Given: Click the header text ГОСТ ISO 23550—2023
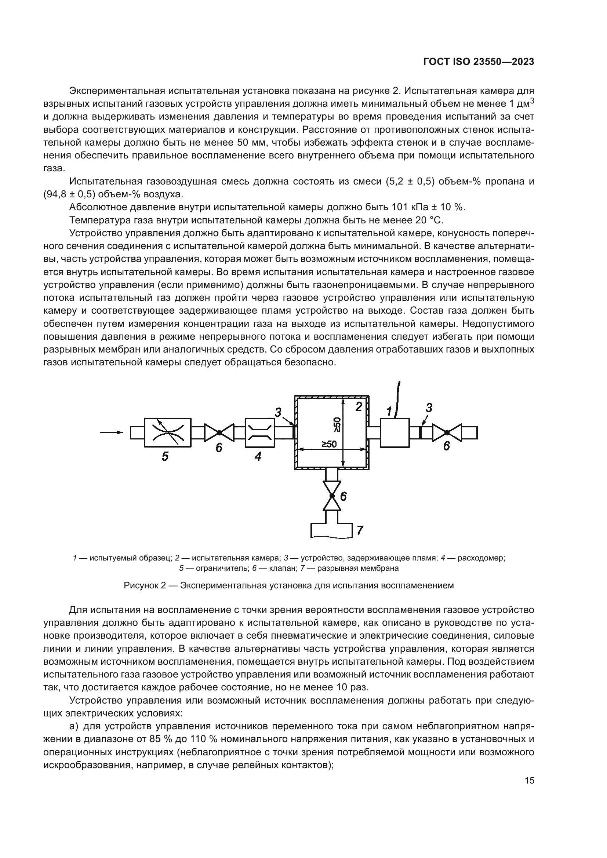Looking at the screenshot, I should pyautogui.click(x=479, y=62).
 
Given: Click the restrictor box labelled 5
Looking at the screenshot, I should pyautogui.click(x=167, y=432).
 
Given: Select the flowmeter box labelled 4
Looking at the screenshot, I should pyautogui.click(x=259, y=432).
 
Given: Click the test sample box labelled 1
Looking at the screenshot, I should pyautogui.click(x=395, y=432).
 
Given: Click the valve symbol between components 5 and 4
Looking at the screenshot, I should pyautogui.click(x=219, y=432).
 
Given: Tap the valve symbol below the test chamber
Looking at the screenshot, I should pyautogui.click(x=332, y=496).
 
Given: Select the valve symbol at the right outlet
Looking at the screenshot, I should pyautogui.click(x=447, y=432).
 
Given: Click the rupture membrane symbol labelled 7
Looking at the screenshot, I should pyautogui.click(x=332, y=531).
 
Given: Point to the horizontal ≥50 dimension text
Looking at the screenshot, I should pyautogui.click(x=329, y=444).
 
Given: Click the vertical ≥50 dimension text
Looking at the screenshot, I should pyautogui.click(x=337, y=424).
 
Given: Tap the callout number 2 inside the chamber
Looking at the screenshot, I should pyautogui.click(x=359, y=406).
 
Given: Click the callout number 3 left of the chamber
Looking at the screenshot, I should pyautogui.click(x=278, y=412).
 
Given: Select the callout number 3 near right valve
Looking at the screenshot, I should pyautogui.click(x=429, y=408).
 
